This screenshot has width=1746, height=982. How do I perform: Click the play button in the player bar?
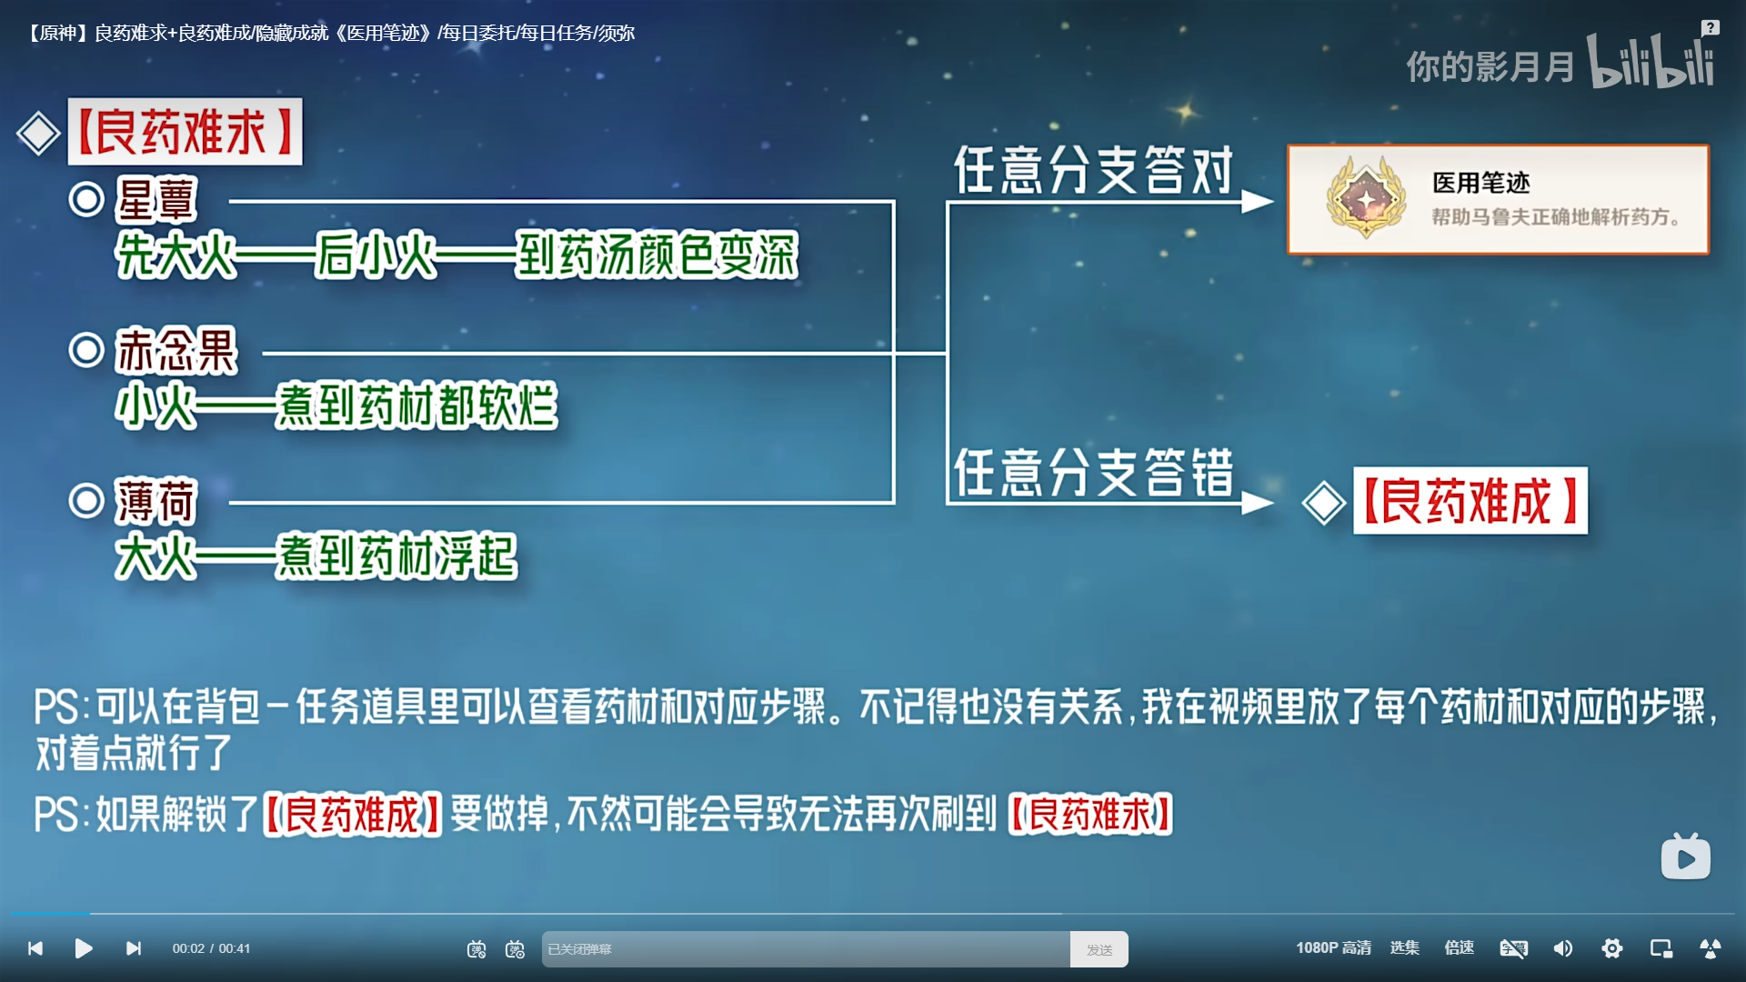coord(84,948)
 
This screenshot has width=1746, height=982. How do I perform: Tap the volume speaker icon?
coord(1563,948)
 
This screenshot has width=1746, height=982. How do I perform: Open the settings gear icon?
coord(1612,948)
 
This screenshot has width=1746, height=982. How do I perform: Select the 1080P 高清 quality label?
coord(1333,947)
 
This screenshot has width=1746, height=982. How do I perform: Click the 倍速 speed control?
coord(1459,947)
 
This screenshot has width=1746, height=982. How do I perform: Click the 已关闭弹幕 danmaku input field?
coord(806,949)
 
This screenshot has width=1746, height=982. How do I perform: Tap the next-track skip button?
coord(134,948)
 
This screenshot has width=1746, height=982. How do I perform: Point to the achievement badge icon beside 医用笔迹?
coord(1366,198)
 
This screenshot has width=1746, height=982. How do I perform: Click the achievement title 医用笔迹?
coord(1481,183)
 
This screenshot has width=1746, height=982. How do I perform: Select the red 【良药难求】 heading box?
coord(185,132)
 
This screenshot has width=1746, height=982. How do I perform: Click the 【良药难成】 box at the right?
coord(1470,501)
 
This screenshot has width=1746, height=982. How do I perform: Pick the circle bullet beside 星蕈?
coord(86,199)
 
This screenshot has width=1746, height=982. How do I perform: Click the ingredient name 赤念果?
coord(176,351)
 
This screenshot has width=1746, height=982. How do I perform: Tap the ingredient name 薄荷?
coord(156,502)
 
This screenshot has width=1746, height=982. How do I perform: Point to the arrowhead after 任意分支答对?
coord(1258,202)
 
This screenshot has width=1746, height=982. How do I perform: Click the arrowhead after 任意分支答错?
coord(1258,503)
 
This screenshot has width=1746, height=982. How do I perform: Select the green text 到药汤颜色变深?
coord(657,255)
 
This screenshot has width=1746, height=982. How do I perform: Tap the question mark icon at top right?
coord(1711,28)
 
